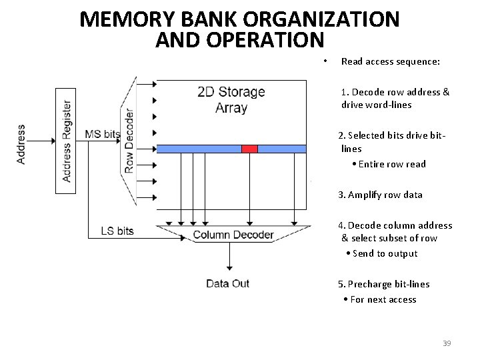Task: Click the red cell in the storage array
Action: (x=249, y=149)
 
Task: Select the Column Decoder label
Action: (x=233, y=235)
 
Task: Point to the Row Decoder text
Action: (x=129, y=139)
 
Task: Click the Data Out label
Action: (x=227, y=284)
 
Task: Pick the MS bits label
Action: (x=103, y=134)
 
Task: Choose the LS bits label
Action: (x=117, y=231)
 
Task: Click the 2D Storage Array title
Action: (x=231, y=100)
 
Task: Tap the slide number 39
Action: (x=447, y=343)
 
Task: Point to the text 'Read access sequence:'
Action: (x=390, y=61)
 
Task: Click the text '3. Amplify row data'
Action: (x=380, y=195)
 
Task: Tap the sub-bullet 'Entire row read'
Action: (x=392, y=164)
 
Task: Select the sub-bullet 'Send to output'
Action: (x=385, y=253)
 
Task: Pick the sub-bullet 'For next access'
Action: (x=383, y=299)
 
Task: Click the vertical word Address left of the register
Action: (x=21, y=143)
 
